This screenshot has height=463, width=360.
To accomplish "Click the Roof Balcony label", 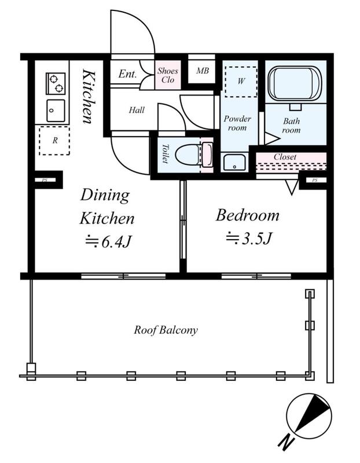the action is (166, 330).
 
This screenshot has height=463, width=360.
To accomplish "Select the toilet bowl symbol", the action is (193, 155).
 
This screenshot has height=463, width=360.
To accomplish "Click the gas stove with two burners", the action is (56, 83).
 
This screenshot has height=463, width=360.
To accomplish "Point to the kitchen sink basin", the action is (56, 111).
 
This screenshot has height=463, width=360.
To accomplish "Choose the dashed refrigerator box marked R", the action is (54, 141).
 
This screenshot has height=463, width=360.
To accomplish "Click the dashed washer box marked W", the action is (241, 82).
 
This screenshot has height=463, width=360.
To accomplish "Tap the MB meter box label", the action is (203, 70).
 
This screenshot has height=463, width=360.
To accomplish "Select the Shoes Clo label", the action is (168, 75).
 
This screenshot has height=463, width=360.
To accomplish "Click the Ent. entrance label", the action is (127, 74).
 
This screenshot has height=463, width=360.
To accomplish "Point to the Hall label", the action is (137, 110).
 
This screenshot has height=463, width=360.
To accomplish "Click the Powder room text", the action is (237, 123).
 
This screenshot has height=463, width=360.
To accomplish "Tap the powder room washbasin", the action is (234, 162).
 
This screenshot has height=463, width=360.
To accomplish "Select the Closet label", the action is (285, 157).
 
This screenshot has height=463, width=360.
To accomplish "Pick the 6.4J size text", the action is (108, 241).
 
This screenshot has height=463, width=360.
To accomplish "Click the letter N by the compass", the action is (286, 442).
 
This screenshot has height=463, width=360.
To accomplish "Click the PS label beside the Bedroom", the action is (315, 180).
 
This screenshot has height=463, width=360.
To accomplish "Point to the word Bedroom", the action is (248, 215).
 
